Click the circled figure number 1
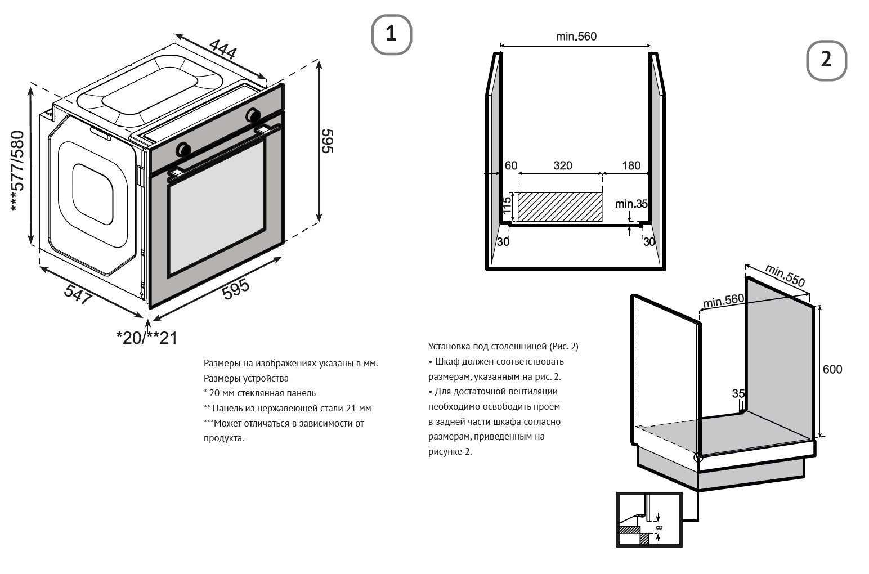[x=391, y=34]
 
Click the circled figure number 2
[x=826, y=60]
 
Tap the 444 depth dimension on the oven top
[x=223, y=49]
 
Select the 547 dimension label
[x=77, y=295]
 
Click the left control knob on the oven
[x=183, y=150]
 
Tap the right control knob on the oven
[x=253, y=115]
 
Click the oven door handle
[x=225, y=149]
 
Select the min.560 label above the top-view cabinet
[x=576, y=37]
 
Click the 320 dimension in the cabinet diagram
[x=562, y=165]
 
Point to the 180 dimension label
[x=631, y=165]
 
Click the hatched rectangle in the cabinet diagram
[x=559, y=207]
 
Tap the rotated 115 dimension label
[x=507, y=207]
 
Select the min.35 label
[x=631, y=204]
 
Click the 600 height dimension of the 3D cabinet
[x=832, y=370]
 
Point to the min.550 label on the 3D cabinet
[x=785, y=275]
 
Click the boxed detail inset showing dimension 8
[x=649, y=519]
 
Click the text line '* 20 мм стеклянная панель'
[x=259, y=393]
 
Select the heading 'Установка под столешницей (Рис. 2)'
[x=503, y=346]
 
